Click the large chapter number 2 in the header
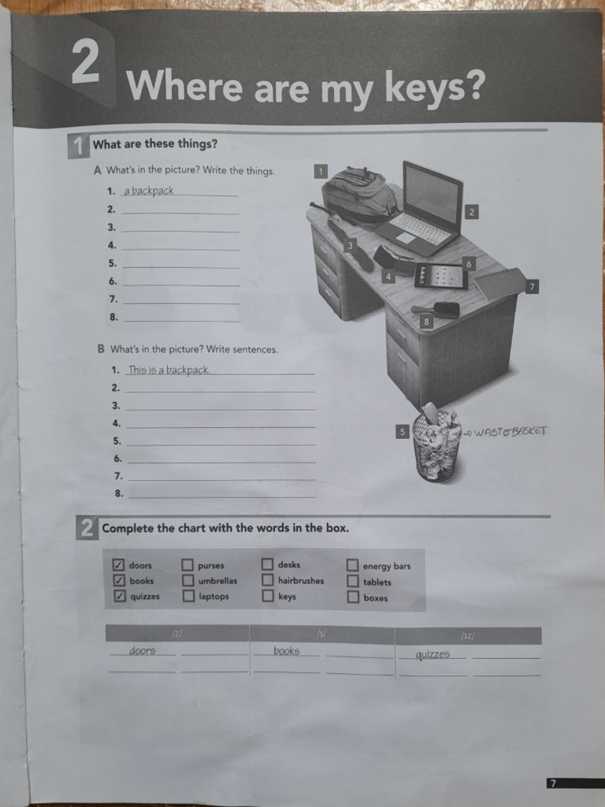tap(85, 63)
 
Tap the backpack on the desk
tap(359, 193)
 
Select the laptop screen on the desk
tap(432, 195)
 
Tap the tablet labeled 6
tap(441, 276)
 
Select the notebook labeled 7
tap(499, 283)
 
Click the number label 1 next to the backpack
tap(321, 170)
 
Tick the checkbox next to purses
tap(187, 565)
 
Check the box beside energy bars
tap(352, 566)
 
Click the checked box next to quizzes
tap(119, 597)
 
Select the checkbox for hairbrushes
tap(267, 581)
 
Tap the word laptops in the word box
tap(213, 597)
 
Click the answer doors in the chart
tap(143, 651)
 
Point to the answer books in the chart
tap(287, 651)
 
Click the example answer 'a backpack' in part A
tap(148, 191)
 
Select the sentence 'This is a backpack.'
tap(169, 370)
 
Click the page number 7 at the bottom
tap(553, 783)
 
